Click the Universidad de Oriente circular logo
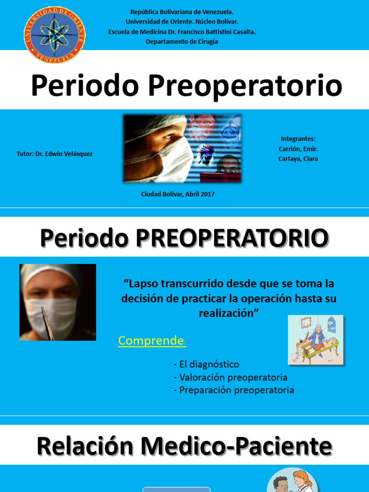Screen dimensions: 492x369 55,35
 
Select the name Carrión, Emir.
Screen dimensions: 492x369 298,149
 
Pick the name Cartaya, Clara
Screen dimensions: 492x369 298,159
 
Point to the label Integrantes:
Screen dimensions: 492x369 298,139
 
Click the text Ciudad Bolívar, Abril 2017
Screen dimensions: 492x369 178,194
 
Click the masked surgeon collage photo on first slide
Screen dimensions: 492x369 182,148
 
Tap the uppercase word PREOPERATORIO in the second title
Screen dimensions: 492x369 233,238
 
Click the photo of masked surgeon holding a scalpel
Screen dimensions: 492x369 58,302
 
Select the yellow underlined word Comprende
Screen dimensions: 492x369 151,341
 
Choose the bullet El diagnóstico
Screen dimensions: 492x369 207,364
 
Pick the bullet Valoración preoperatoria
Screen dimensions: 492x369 231,377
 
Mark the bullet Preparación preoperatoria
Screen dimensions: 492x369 234,390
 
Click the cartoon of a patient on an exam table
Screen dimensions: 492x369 316,339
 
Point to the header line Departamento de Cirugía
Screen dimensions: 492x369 182,41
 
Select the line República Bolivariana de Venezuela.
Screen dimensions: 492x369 182,12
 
